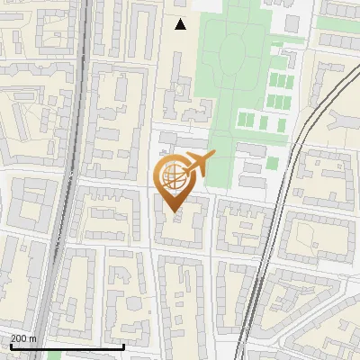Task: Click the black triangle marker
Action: tap(181, 24)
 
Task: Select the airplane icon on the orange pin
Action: tap(195, 165)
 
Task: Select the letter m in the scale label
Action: tap(33, 337)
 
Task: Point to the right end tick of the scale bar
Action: tap(123, 344)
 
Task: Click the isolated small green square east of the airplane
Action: tap(272, 163)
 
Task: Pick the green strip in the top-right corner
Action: tap(337, 22)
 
